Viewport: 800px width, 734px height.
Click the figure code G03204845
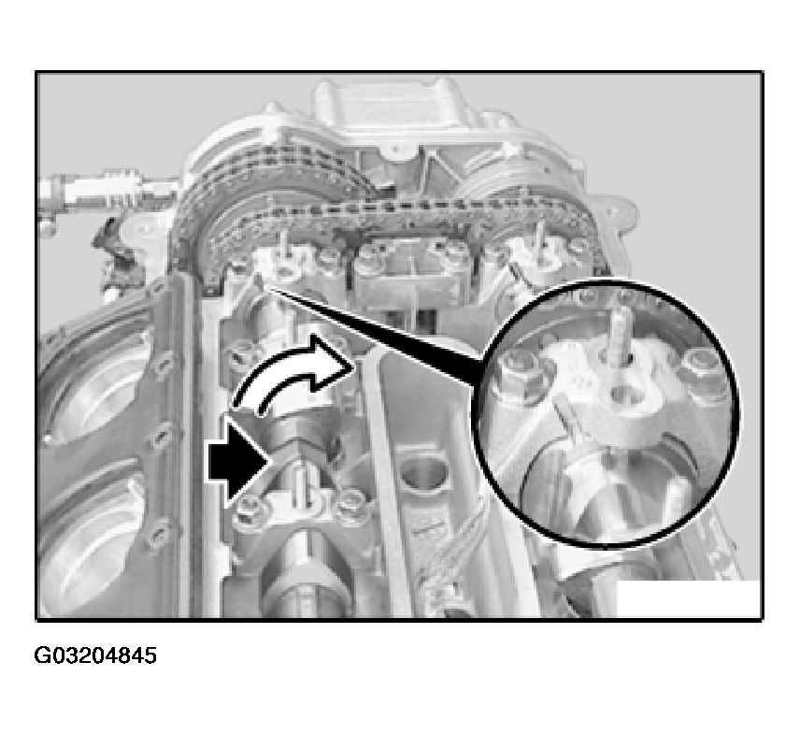click(95, 655)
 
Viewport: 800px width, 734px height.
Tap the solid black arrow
click(239, 463)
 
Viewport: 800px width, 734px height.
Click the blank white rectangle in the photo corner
click(689, 598)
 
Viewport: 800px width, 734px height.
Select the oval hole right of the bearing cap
click(421, 475)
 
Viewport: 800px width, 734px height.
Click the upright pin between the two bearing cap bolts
click(301, 486)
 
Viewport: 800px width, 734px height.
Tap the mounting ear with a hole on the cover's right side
click(619, 209)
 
